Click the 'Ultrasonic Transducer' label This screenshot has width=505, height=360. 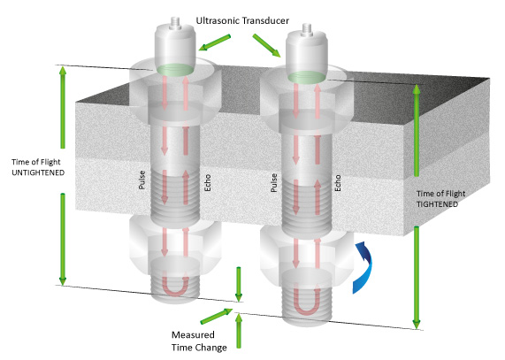click(242, 21)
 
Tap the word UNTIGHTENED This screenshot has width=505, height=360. click(38, 172)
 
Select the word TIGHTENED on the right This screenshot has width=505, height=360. click(437, 204)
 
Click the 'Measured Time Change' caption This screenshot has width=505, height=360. click(199, 341)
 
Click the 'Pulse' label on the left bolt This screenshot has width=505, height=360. click(142, 180)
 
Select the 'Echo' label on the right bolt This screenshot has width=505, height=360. click(338, 183)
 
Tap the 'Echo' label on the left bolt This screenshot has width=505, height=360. click(208, 182)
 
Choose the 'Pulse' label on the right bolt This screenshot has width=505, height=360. click(274, 182)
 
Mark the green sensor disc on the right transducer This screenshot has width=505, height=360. click(306, 77)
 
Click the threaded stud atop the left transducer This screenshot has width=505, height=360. click(175, 22)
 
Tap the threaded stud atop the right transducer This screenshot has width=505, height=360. click(306, 29)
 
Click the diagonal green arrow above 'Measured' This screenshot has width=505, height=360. click(217, 316)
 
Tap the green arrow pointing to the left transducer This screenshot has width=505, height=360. click(215, 42)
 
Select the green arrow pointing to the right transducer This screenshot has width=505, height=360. click(267, 46)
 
